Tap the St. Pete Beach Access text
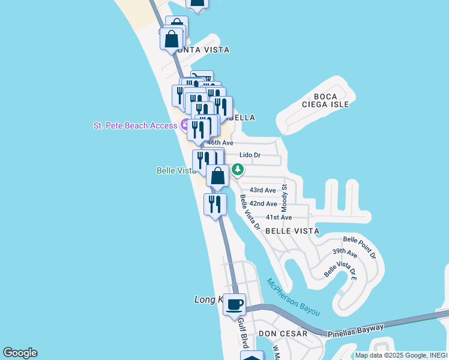point(135,125)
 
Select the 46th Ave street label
point(221,143)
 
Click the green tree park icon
point(238,170)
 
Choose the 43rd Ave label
point(262,190)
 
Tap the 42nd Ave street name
point(263,204)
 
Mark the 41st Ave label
point(279,217)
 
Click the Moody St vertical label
point(285,198)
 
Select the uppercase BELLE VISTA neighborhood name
point(292,231)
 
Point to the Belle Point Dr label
point(363,247)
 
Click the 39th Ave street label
point(345,254)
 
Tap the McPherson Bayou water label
point(294,298)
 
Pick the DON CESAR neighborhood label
point(283,334)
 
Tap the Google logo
point(20,353)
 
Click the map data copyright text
point(401,355)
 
